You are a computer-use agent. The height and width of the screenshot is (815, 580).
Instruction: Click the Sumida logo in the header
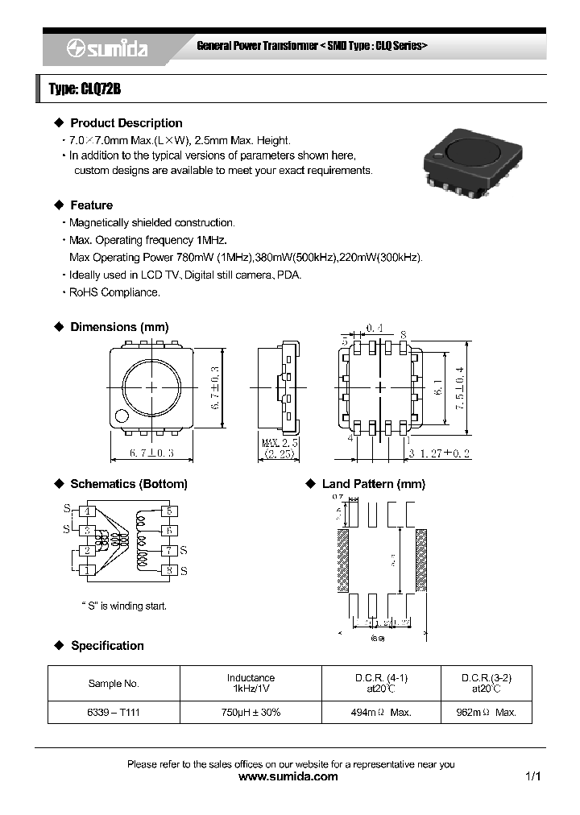pyautogui.click(x=106, y=49)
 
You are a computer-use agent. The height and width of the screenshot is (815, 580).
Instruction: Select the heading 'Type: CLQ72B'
pyautogui.click(x=85, y=89)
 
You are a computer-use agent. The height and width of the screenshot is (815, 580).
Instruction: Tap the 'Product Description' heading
pyautogui.click(x=126, y=123)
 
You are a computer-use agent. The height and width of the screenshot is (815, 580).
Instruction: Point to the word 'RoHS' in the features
pyautogui.click(x=83, y=292)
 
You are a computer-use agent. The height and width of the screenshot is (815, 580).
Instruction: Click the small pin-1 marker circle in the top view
pyautogui.click(x=122, y=416)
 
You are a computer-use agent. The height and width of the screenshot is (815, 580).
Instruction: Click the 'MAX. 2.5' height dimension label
pyautogui.click(x=280, y=443)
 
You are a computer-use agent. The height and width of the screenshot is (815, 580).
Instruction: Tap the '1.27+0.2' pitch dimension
pyautogui.click(x=441, y=453)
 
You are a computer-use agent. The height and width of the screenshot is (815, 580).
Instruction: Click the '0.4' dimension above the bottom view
pyautogui.click(x=375, y=327)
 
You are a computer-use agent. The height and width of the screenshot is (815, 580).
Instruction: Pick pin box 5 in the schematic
pyautogui.click(x=169, y=511)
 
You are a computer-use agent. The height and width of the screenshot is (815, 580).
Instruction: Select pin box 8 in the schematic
pyautogui.click(x=169, y=571)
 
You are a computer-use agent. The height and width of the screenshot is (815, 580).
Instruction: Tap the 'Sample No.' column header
pyautogui.click(x=114, y=684)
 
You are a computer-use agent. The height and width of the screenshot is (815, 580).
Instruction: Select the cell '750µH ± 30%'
pyautogui.click(x=251, y=713)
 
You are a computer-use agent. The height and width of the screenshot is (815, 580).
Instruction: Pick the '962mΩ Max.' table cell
pyautogui.click(x=487, y=713)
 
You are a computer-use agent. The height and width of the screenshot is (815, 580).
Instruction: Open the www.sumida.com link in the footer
pyautogui.click(x=289, y=777)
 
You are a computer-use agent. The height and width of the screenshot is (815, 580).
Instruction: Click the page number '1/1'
pyautogui.click(x=532, y=777)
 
